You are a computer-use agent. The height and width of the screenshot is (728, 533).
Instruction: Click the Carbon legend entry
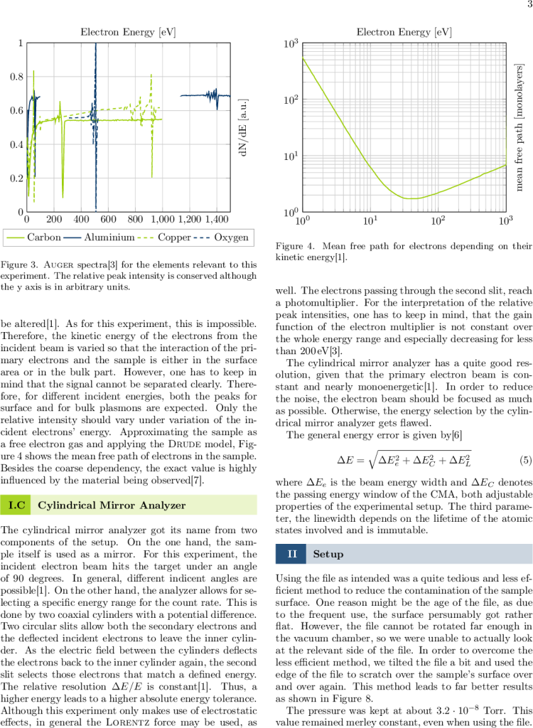43,237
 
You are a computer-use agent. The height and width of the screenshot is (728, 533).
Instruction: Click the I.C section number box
16,505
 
